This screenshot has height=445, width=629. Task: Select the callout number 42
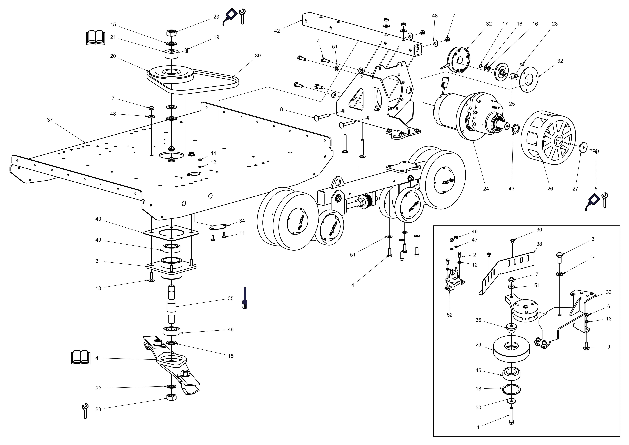point(277,31)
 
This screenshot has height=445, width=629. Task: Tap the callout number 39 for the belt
point(258,56)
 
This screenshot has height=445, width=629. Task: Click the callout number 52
point(450,315)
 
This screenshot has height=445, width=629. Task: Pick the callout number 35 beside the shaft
point(231,298)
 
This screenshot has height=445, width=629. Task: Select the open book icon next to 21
point(95,38)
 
